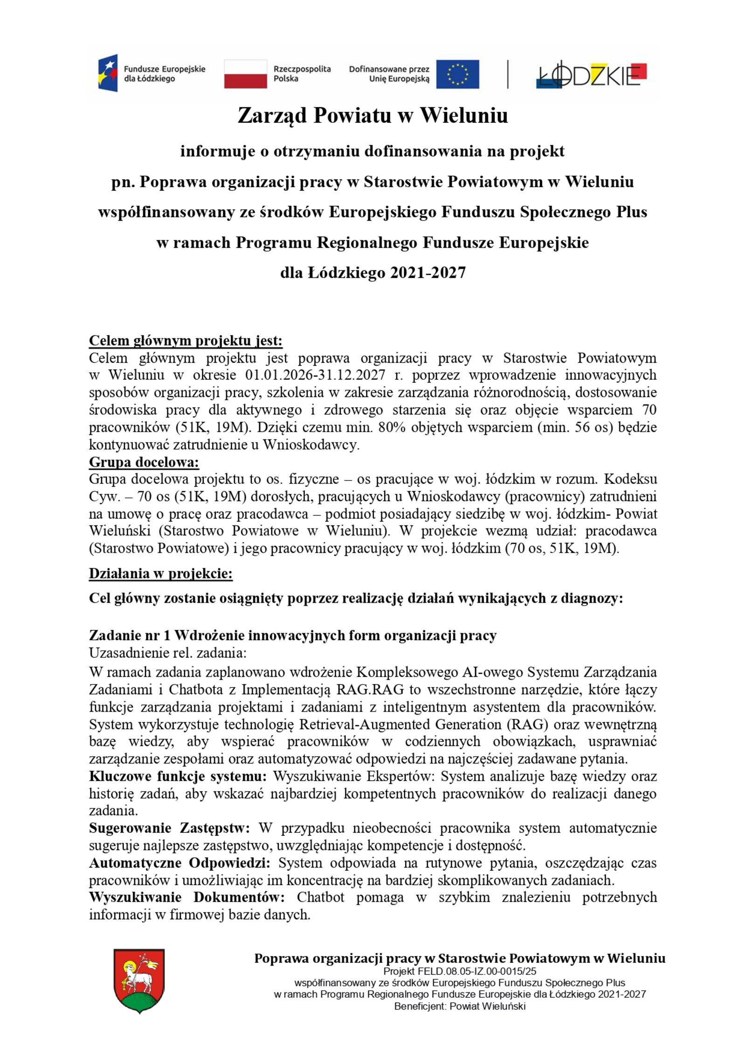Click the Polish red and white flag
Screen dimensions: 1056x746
pyautogui.click(x=245, y=74)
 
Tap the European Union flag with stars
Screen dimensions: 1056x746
pyautogui.click(x=457, y=74)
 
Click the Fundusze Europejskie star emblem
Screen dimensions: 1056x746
pyautogui.click(x=108, y=73)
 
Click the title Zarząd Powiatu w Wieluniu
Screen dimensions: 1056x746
pyautogui.click(x=373, y=115)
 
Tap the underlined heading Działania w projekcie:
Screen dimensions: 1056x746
pyautogui.click(x=160, y=573)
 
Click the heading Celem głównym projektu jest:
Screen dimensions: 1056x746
pyautogui.click(x=186, y=341)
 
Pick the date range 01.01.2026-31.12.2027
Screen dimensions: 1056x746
pyautogui.click(x=315, y=375)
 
